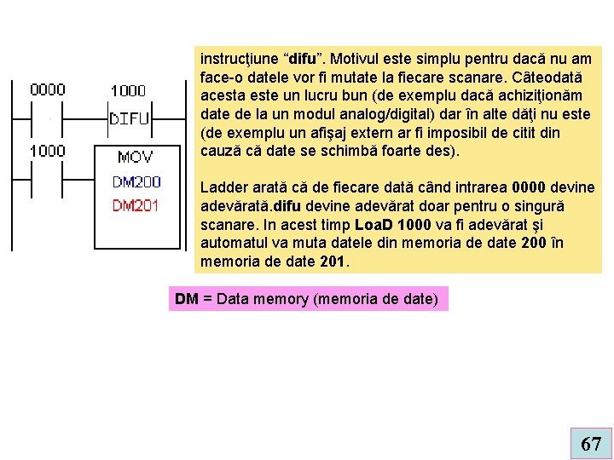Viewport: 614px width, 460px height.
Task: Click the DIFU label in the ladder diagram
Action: (130, 120)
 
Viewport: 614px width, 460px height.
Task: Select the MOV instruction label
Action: (136, 157)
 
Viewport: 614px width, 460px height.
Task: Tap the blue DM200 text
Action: (136, 182)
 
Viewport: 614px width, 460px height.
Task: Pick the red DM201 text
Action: (136, 205)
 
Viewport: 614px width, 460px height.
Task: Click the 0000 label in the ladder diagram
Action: (48, 89)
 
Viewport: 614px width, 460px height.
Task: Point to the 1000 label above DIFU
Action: (128, 90)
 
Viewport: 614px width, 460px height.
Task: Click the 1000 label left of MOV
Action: (48, 151)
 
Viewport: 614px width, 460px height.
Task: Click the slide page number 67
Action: (590, 444)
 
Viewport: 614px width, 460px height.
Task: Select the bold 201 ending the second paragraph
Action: (333, 263)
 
